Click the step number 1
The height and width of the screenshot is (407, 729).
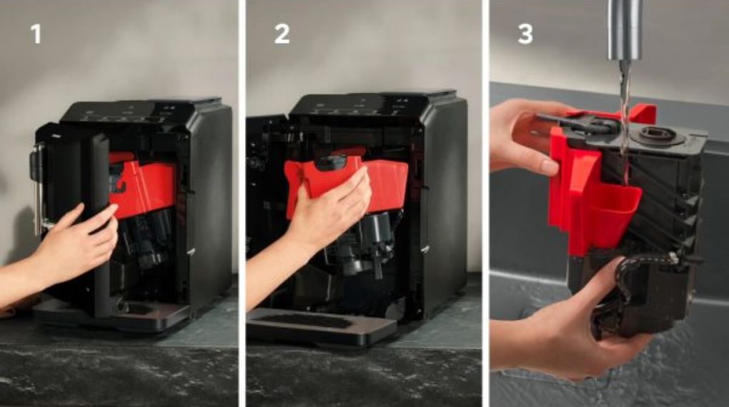click(x=35, y=34)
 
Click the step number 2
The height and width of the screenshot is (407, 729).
click(x=282, y=34)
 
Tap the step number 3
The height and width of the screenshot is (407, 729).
click(x=525, y=34)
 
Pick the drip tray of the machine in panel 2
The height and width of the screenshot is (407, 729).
click(x=322, y=325)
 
